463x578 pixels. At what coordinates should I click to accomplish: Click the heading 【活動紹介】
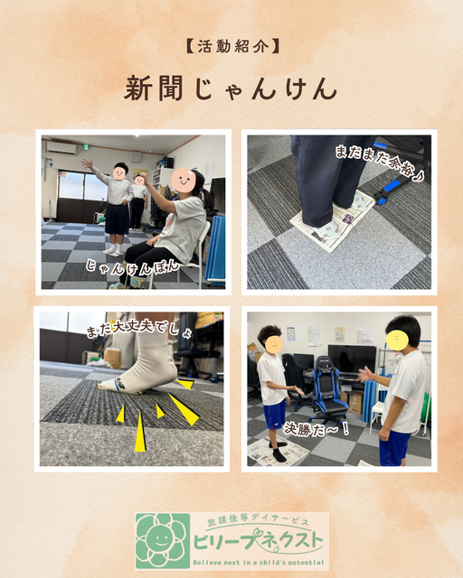click(x=231, y=47)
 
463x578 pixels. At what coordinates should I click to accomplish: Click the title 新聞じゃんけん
click(x=231, y=89)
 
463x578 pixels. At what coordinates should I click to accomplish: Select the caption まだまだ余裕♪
click(x=379, y=163)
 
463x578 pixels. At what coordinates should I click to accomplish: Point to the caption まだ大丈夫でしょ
click(x=139, y=330)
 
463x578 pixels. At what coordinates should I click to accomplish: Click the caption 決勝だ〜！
click(x=316, y=429)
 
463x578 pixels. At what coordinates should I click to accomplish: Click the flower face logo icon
click(x=163, y=541)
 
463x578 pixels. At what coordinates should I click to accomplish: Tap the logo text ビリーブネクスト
click(x=258, y=543)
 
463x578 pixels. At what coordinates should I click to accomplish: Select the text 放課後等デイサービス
click(x=258, y=521)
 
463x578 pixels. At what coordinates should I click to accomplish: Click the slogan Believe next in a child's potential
click(x=258, y=563)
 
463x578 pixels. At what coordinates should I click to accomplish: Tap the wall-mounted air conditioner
click(x=61, y=148)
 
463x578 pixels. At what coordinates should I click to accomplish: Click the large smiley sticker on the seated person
click(x=184, y=181)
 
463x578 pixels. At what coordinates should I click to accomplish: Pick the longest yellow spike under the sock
click(x=140, y=431)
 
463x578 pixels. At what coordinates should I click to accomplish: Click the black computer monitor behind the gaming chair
click(x=352, y=359)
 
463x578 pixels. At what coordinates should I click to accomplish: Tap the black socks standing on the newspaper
click(x=279, y=452)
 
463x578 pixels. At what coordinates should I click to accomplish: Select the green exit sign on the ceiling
click(x=86, y=147)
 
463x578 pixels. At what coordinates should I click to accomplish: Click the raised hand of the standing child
click(x=87, y=163)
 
